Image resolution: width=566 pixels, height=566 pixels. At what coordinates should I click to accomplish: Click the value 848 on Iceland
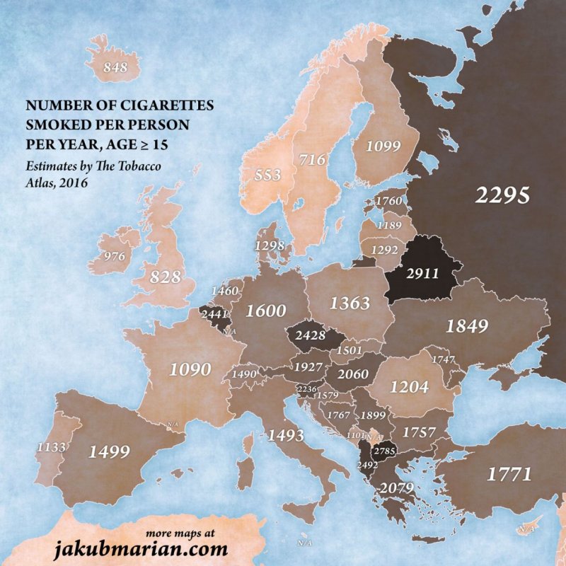(115, 69)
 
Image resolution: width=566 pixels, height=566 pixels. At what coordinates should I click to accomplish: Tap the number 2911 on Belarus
(421, 272)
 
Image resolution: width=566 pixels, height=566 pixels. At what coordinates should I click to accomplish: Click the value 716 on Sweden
(311, 160)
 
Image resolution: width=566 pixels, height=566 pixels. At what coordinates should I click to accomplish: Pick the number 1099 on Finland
(383, 146)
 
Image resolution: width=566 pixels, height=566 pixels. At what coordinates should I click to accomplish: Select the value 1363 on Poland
(350, 303)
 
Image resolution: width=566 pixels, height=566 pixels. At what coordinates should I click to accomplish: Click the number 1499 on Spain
(112, 452)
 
